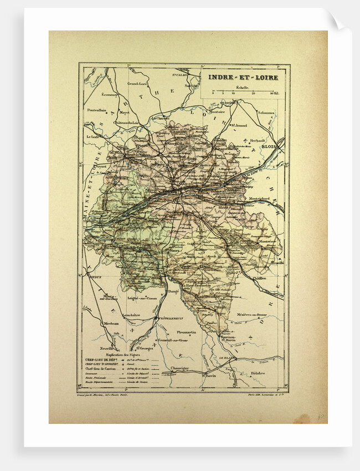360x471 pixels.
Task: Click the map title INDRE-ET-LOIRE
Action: (244, 77)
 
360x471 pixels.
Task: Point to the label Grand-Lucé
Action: (137, 84)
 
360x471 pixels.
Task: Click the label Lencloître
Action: (130, 315)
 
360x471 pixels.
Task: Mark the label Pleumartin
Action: (187, 332)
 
